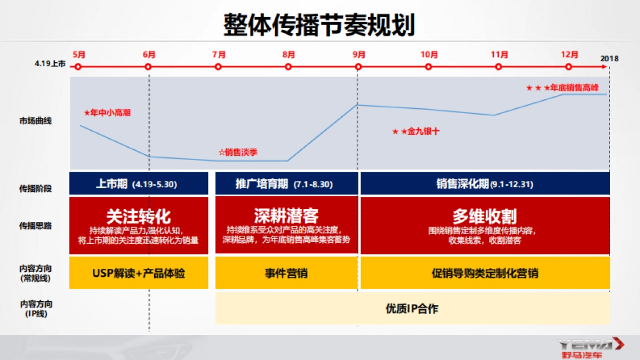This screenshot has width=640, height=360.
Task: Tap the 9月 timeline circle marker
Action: pyautogui.click(x=358, y=67)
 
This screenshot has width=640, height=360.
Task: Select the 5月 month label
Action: pyautogui.click(x=78, y=54)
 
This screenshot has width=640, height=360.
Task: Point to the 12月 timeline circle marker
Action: pyautogui.click(x=569, y=67)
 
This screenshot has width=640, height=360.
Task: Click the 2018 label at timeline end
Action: pyautogui.click(x=609, y=59)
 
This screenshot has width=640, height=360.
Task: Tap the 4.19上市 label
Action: pyautogui.click(x=51, y=64)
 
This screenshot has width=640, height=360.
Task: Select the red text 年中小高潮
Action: pyautogui.click(x=108, y=113)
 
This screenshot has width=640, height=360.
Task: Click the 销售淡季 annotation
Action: pyautogui.click(x=238, y=153)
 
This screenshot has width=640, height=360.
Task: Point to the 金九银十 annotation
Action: pyautogui.click(x=417, y=131)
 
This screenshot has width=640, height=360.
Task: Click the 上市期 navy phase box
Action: pyautogui.click(x=139, y=184)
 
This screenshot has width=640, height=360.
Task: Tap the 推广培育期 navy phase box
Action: pyautogui.click(x=286, y=184)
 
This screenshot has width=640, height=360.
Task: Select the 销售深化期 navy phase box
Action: pyautogui.click(x=485, y=184)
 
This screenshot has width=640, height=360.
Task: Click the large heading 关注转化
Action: pyautogui.click(x=139, y=216)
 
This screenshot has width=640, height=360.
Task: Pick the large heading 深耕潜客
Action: pyautogui.click(x=286, y=215)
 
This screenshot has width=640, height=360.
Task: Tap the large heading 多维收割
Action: pyautogui.click(x=485, y=216)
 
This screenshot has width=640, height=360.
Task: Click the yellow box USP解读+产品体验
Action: pyautogui.click(x=139, y=274)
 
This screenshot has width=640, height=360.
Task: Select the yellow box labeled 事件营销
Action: pyautogui.click(x=286, y=274)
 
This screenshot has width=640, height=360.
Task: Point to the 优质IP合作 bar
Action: pyautogui.click(x=412, y=308)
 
